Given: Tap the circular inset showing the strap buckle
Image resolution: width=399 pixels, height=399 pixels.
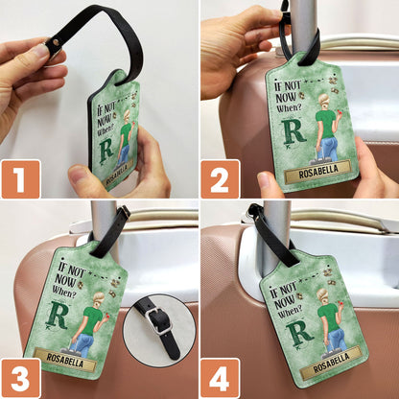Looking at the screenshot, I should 158,327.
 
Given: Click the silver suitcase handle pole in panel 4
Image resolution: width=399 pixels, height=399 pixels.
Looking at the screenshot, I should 276,230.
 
